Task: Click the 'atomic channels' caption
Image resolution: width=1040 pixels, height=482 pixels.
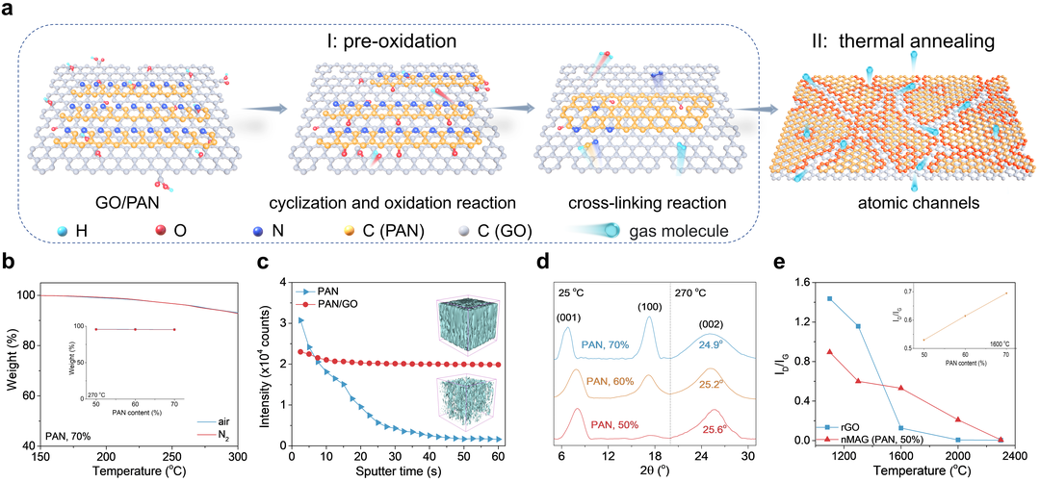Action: click(x=903, y=204)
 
